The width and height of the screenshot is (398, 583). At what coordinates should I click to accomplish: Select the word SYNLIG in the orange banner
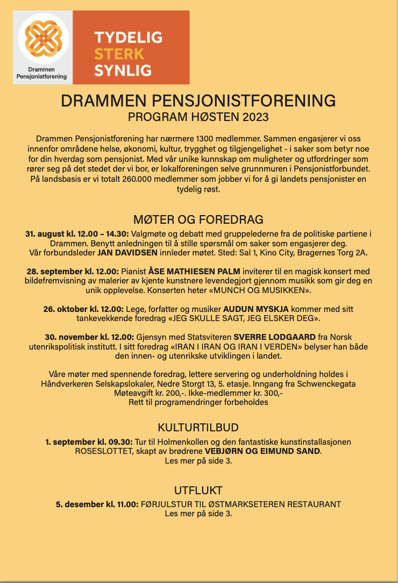(123, 69)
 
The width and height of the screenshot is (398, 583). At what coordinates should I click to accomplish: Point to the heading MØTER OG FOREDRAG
(198, 219)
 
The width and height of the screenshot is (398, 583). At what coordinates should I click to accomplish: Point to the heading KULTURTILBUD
(198, 428)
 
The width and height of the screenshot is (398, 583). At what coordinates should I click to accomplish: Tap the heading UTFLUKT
(198, 490)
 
